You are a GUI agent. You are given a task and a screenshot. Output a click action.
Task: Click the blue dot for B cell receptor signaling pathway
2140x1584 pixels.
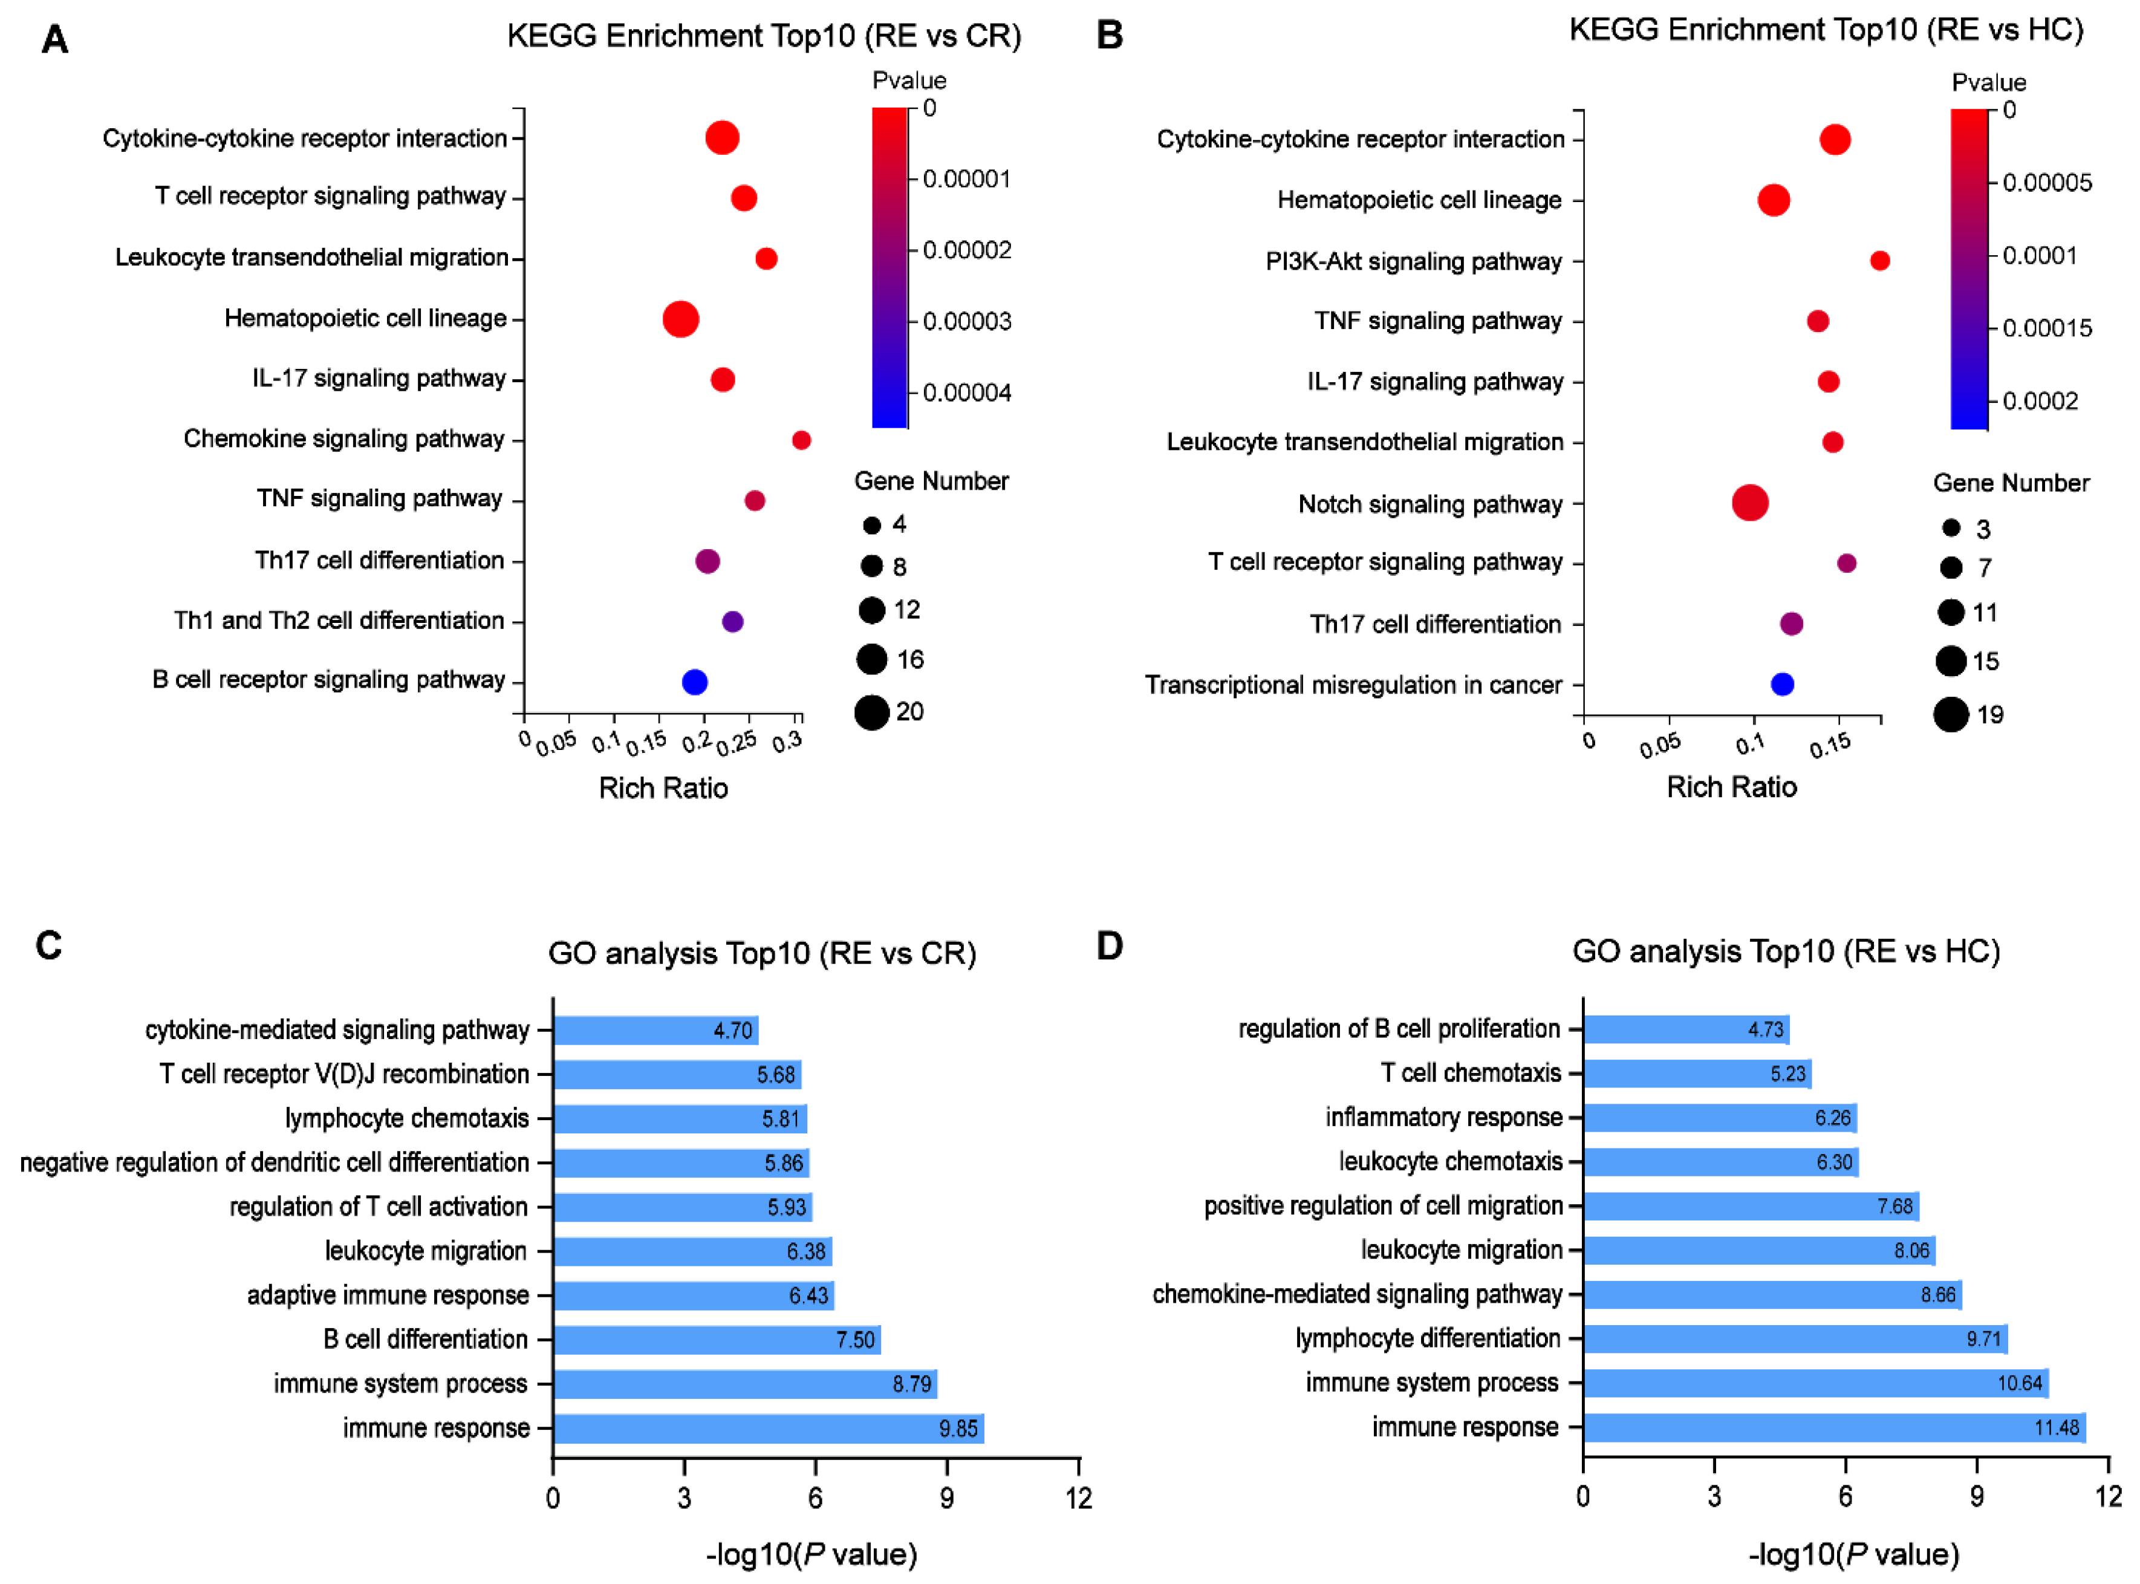pyautogui.click(x=694, y=682)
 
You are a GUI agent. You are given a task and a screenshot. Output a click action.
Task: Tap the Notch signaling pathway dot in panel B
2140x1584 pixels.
pyautogui.click(x=1750, y=503)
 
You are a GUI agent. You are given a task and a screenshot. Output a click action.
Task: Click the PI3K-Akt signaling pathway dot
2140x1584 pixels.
pyautogui.click(x=1879, y=261)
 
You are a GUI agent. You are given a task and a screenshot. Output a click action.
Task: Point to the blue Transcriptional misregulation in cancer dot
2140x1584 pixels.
pyautogui.click(x=1781, y=683)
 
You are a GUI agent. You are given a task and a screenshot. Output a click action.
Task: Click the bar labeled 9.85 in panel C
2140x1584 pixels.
pyautogui.click(x=767, y=1428)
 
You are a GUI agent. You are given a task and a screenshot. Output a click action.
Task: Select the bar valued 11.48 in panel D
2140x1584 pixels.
pyautogui.click(x=1833, y=1427)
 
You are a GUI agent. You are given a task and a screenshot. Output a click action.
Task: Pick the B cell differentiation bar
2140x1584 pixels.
pyautogui.click(x=716, y=1340)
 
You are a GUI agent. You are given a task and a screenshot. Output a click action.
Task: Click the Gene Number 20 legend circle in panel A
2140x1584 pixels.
pyautogui.click(x=871, y=712)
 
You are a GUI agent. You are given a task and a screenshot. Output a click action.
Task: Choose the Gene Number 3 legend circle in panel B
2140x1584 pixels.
pyautogui.click(x=1950, y=527)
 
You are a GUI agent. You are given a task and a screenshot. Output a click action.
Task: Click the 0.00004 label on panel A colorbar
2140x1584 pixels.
pyautogui.click(x=966, y=392)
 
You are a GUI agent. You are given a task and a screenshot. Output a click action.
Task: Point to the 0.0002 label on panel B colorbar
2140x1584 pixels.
pyautogui.click(x=2040, y=401)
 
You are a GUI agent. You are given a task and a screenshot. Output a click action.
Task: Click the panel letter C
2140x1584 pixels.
pyautogui.click(x=49, y=945)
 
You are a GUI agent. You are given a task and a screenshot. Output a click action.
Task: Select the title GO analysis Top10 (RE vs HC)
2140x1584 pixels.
pyautogui.click(x=1785, y=951)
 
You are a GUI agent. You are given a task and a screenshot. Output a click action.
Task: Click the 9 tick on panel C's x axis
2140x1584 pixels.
pyautogui.click(x=946, y=1498)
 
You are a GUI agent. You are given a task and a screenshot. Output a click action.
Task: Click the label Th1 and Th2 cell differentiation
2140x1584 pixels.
pyautogui.click(x=339, y=621)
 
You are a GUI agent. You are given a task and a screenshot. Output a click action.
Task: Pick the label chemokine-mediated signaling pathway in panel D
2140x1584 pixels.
pyautogui.click(x=1357, y=1294)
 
